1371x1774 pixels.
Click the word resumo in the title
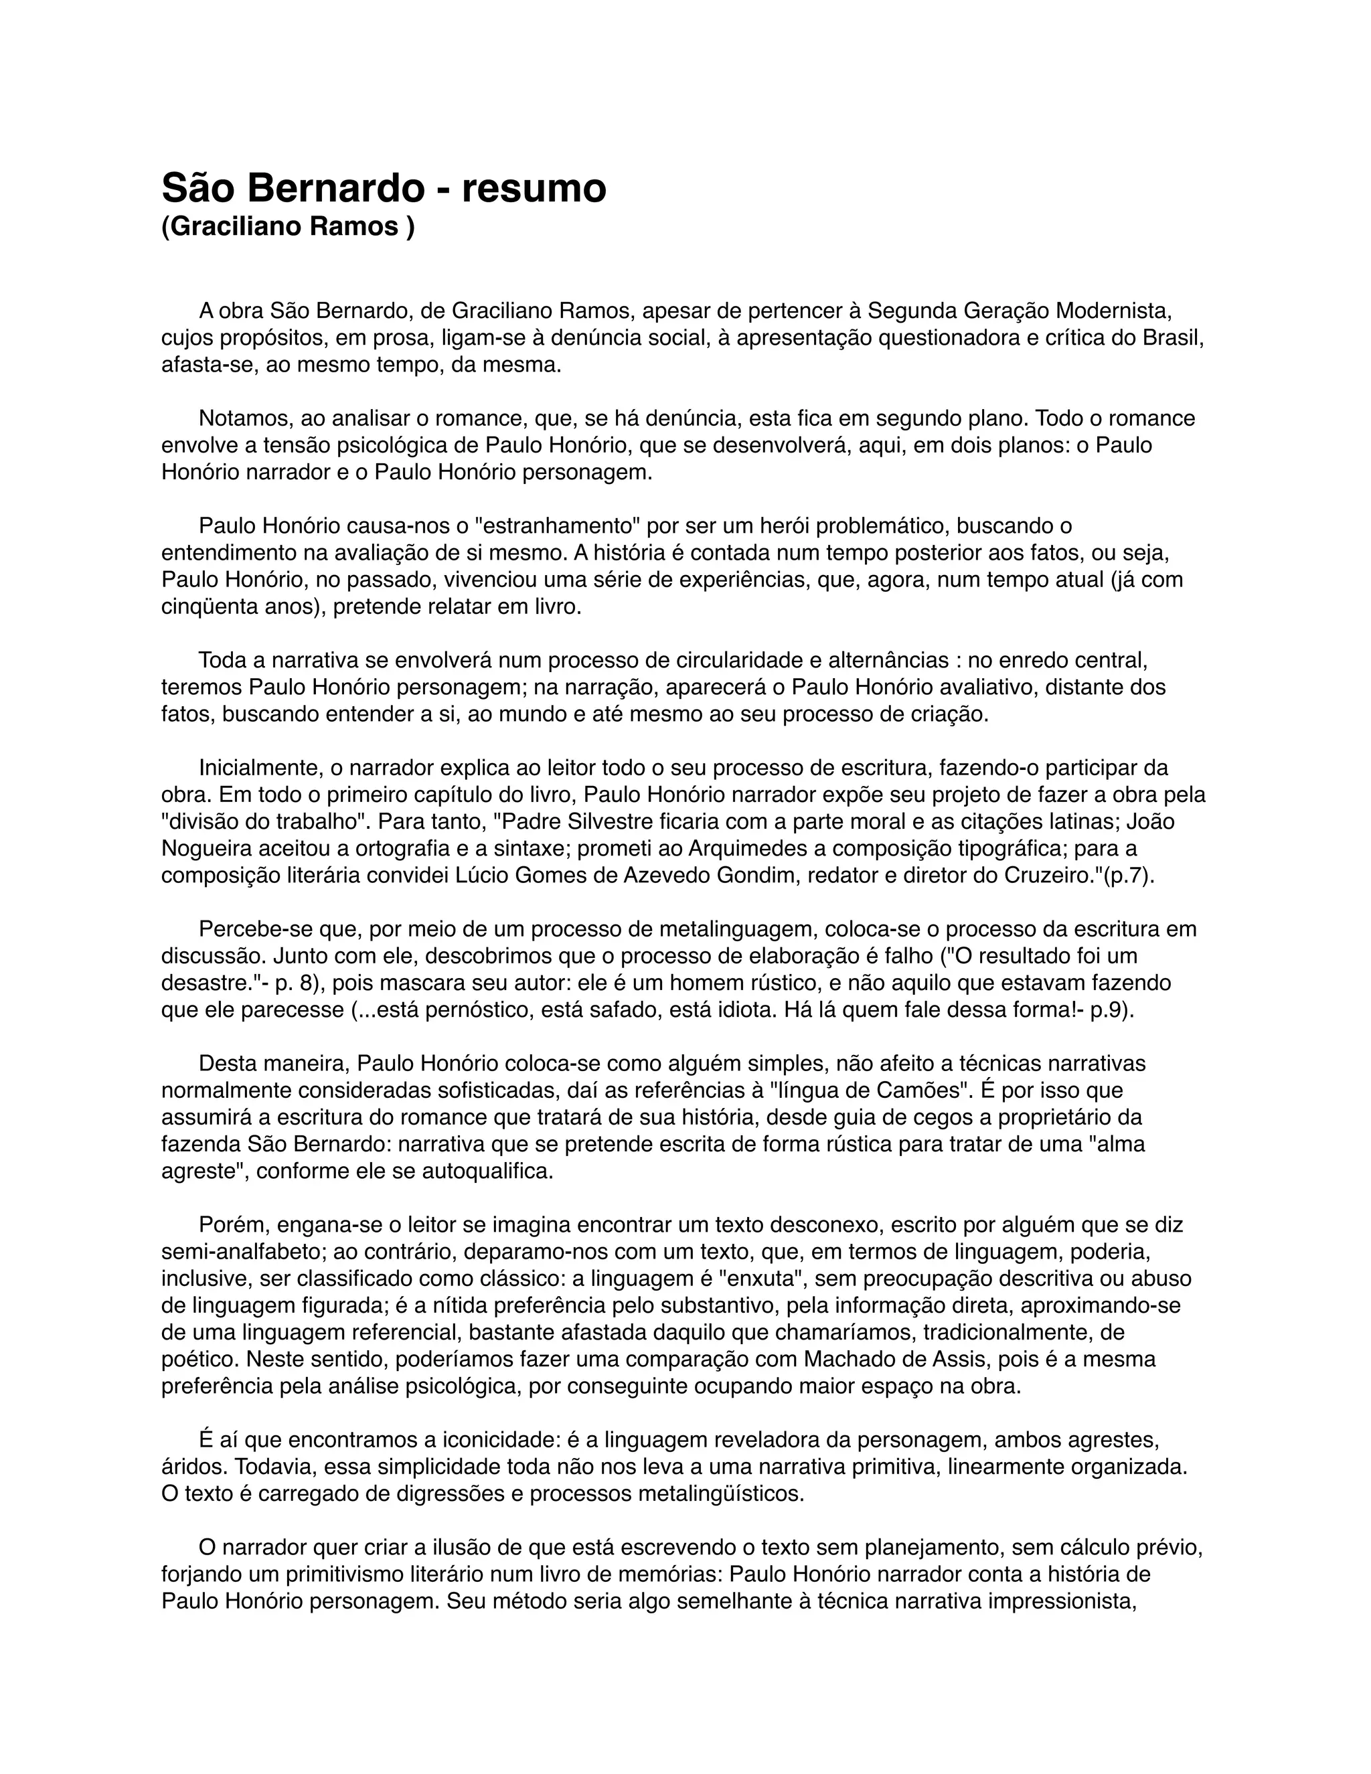[x=534, y=189]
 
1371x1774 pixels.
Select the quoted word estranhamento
[x=553, y=526]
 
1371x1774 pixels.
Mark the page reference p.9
[x=1111, y=1010]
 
